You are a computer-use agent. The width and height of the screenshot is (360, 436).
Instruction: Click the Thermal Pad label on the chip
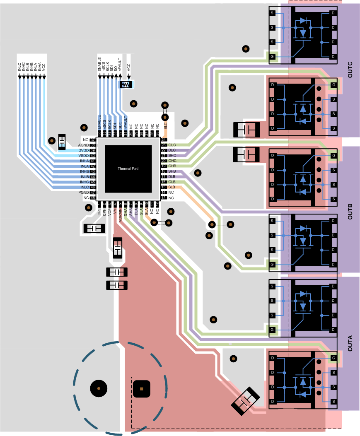(128, 169)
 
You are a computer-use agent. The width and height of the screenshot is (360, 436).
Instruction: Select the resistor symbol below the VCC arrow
(126, 84)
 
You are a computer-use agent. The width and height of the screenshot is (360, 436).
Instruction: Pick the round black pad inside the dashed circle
(99, 388)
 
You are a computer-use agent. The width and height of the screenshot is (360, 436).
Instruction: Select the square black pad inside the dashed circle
(141, 389)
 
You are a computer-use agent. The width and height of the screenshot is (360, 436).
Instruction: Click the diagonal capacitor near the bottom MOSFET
(246, 400)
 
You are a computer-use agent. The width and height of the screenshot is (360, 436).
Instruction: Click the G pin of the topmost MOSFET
(272, 56)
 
